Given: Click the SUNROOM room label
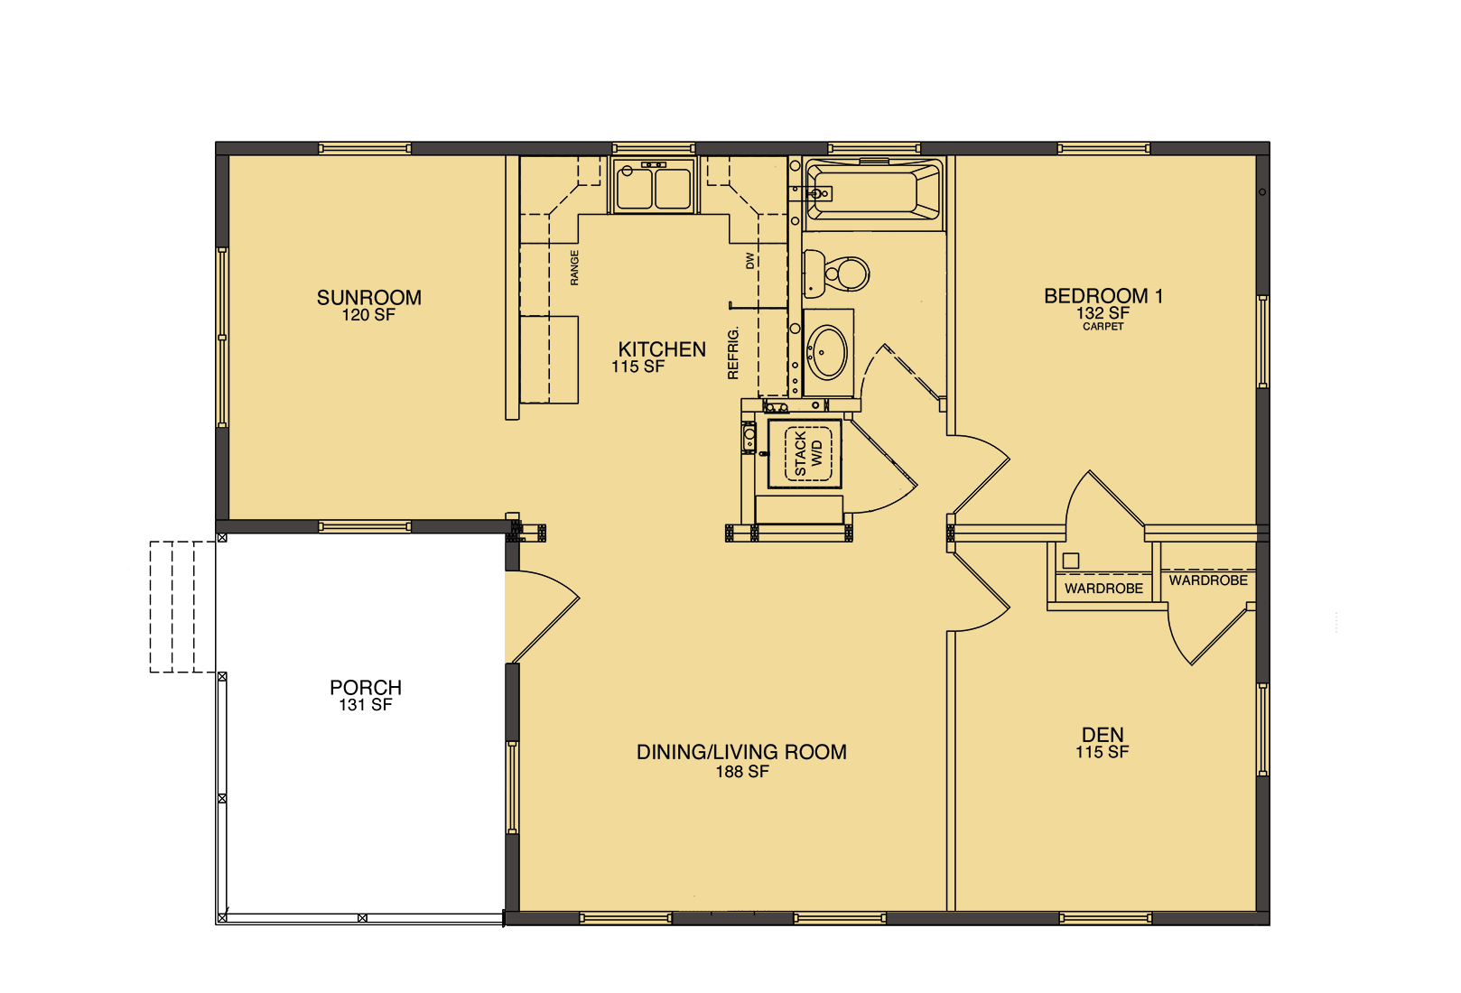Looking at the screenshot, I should pyautogui.click(x=368, y=297).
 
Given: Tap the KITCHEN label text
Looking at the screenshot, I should pyautogui.click(x=662, y=349).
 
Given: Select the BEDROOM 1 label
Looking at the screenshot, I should pyautogui.click(x=1103, y=295).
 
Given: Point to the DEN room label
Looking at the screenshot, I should pyautogui.click(x=1103, y=735).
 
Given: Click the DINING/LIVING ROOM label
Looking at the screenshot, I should pyautogui.click(x=741, y=752).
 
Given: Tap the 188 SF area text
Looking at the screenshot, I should pyautogui.click(x=742, y=772).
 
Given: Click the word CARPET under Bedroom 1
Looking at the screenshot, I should pyautogui.click(x=1103, y=327).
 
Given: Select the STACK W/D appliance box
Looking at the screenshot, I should pyautogui.click(x=805, y=453).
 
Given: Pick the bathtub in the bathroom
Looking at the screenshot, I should pyautogui.click(x=872, y=190).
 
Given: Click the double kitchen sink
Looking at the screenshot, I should pyautogui.click(x=653, y=187).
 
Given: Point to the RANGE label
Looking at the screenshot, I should pyautogui.click(x=574, y=268).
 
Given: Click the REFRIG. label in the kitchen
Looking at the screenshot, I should pyautogui.click(x=733, y=353).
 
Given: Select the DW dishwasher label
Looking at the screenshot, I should pyautogui.click(x=749, y=261).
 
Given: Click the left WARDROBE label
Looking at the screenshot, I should pyautogui.click(x=1103, y=589).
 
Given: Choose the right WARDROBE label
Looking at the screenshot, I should pyautogui.click(x=1208, y=580).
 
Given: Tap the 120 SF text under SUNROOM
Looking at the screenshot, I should pyautogui.click(x=368, y=316).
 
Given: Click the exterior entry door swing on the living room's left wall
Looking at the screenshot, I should pyautogui.click(x=540, y=617).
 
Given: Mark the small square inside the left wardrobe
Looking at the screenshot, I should pyautogui.click(x=1071, y=561).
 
